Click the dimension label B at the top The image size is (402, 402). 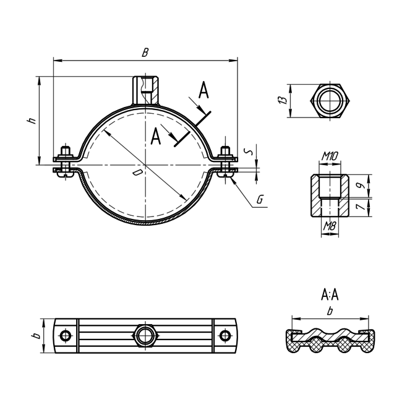click(145, 53)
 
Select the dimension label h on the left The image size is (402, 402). click(32, 120)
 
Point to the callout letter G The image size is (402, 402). click(260, 200)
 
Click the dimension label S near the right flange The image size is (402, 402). click(248, 150)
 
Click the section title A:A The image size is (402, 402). click(330, 294)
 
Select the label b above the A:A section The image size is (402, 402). click(330, 312)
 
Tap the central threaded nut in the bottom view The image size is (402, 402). click(145, 336)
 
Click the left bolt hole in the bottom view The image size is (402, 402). click(65, 336)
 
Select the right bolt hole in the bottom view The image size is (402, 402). click(226, 336)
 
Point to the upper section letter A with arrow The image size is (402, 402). click(203, 92)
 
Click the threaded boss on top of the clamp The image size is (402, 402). click(145, 89)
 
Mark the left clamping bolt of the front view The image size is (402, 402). click(65, 162)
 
